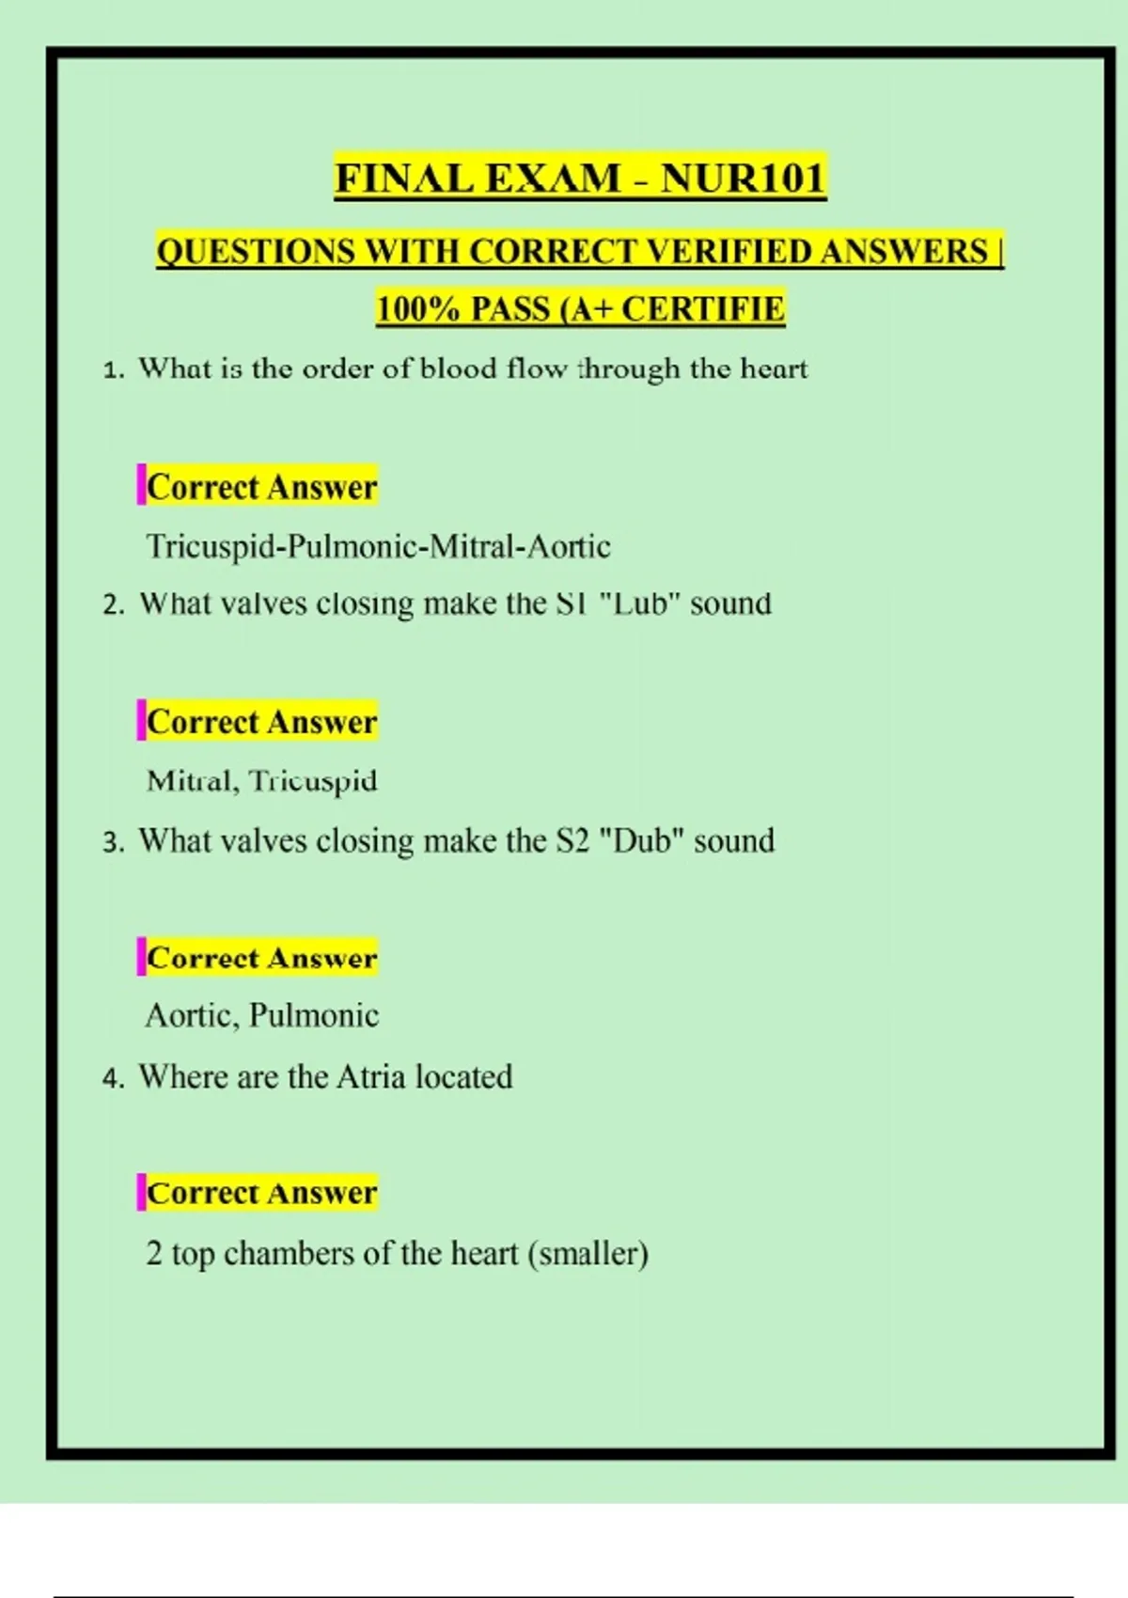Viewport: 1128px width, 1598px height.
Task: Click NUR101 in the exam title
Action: pyautogui.click(x=743, y=178)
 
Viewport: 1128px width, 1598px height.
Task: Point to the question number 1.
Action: pyautogui.click(x=112, y=369)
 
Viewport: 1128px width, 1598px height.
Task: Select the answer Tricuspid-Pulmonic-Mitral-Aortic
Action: pyautogui.click(x=378, y=546)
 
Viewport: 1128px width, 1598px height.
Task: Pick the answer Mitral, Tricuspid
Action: pyautogui.click(x=261, y=781)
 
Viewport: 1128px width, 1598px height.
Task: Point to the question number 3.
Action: pyautogui.click(x=112, y=842)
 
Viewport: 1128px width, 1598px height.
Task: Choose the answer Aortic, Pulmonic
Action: pyautogui.click(x=261, y=1015)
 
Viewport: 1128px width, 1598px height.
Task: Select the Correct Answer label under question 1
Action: pyautogui.click(x=261, y=487)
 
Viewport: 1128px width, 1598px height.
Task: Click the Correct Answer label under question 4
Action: pyautogui.click(x=261, y=1192)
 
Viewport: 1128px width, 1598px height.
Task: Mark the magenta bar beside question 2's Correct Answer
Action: pyautogui.click(x=141, y=721)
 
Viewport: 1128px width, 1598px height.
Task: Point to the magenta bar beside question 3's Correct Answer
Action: pyautogui.click(x=141, y=957)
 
